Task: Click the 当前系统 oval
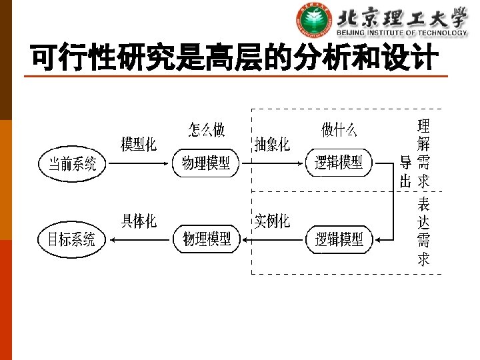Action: click(72, 163)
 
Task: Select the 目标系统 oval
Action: click(71, 239)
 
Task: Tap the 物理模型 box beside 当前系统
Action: click(206, 163)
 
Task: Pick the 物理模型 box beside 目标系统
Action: click(207, 239)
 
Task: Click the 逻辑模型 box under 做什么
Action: click(339, 162)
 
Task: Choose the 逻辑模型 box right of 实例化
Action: click(339, 239)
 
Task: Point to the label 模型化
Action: click(139, 143)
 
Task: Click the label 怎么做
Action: click(206, 129)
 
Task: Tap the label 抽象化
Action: click(272, 144)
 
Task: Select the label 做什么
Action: click(339, 130)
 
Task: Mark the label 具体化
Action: click(139, 221)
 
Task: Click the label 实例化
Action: click(272, 221)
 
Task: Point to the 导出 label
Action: click(405, 171)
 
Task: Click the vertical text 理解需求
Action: click(423, 153)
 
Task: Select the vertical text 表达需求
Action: click(423, 231)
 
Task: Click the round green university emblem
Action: click(315, 21)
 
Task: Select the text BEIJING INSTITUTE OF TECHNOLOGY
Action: click(401, 33)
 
